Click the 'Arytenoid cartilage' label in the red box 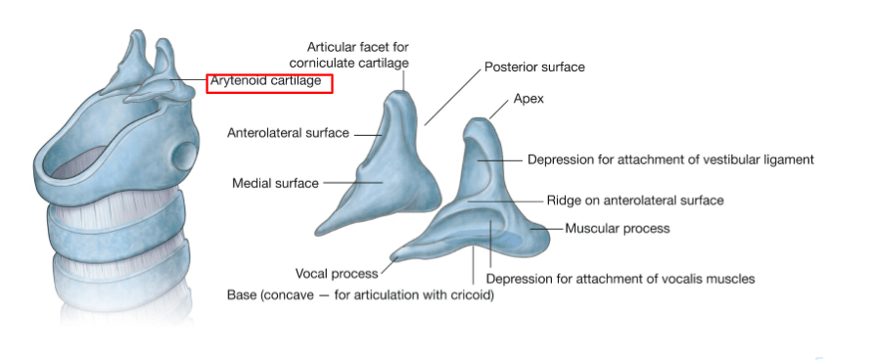[265, 80]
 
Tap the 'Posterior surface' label [534, 67]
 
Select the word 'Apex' [528, 99]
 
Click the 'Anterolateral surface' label [288, 134]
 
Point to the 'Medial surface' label [276, 183]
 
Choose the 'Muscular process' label [618, 228]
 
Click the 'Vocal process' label [337, 274]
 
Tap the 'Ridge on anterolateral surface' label [635, 201]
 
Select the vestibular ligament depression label [670, 159]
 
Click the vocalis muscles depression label [620, 278]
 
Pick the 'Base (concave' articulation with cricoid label [361, 294]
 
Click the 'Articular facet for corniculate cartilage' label [349, 55]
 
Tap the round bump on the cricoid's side [185, 156]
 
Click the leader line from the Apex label [499, 109]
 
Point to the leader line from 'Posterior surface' [452, 98]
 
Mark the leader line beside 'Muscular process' [547, 228]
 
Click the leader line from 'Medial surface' [353, 183]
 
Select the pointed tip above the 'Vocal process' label [394, 257]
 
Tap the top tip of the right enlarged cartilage [479, 119]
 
